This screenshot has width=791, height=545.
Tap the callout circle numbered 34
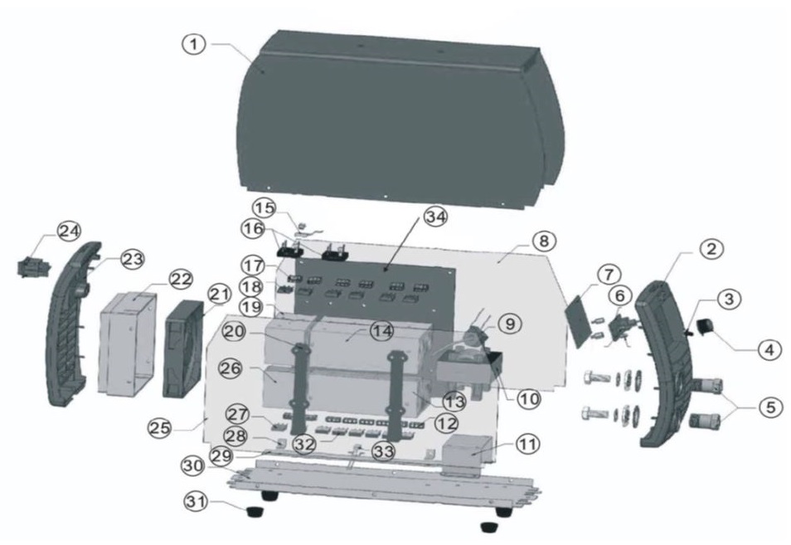[x=434, y=217]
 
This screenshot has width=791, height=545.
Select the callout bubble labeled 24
[x=68, y=231]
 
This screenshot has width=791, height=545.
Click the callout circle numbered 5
[x=771, y=407]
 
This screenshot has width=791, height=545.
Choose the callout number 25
[x=161, y=428]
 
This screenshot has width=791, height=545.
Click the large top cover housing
[x=398, y=116]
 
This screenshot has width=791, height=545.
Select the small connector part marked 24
[x=31, y=266]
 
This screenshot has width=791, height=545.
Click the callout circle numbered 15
[x=264, y=205]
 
